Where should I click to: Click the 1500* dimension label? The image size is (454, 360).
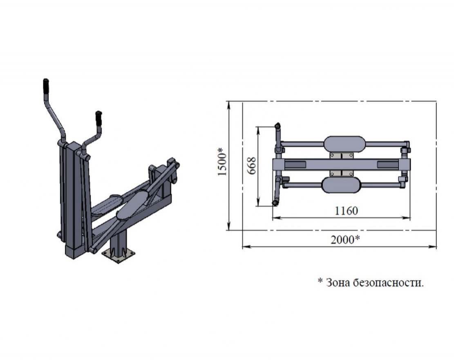221,162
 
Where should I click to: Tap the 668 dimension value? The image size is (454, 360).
251,166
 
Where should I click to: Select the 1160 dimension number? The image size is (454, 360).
346,211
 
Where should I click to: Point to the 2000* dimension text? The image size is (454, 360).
345,240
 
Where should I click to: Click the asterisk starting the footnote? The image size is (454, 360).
320,281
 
